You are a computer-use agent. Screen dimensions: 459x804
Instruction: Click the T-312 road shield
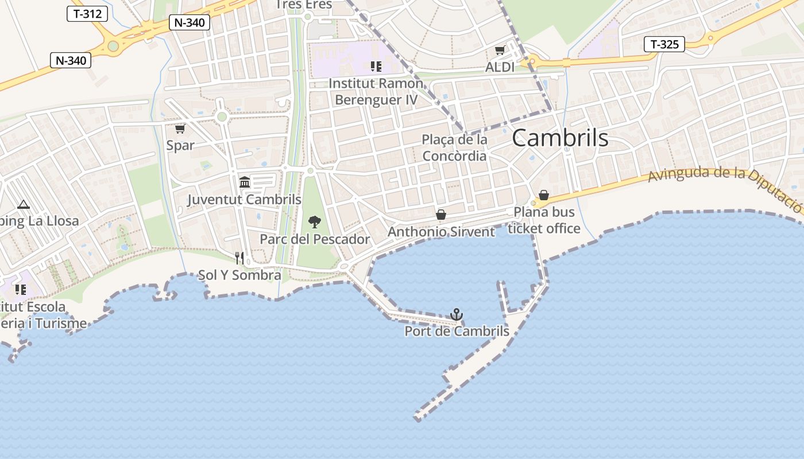point(87,14)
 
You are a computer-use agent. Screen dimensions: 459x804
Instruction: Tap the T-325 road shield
point(664,44)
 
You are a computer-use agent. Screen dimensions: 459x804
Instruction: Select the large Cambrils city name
point(560,138)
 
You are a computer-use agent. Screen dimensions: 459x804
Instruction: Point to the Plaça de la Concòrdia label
point(454,147)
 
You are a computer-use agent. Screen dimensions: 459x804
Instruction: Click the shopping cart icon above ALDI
point(500,50)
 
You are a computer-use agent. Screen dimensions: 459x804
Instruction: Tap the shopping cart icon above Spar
point(180,129)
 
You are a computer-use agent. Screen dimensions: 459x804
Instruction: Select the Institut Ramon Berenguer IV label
point(376,91)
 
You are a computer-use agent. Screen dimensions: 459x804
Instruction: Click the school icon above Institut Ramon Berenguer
point(376,67)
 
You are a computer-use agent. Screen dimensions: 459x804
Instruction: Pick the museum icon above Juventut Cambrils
point(245,182)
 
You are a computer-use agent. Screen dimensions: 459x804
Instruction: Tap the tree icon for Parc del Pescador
point(314,221)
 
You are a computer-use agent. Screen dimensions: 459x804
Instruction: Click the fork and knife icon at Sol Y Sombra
point(239,258)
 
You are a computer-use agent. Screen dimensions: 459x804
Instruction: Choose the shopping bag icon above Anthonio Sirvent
point(441,215)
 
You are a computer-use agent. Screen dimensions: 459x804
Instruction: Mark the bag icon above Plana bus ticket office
point(544,195)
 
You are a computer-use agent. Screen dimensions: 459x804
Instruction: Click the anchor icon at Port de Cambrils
point(457,314)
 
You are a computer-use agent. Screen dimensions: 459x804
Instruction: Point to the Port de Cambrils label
point(457,331)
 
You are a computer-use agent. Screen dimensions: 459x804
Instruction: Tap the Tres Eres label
point(303,5)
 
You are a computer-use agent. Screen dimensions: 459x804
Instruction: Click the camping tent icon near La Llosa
point(23,204)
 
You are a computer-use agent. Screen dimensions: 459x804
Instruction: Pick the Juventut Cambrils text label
point(244,200)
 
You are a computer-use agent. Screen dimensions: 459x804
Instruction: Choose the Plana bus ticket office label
point(544,220)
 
